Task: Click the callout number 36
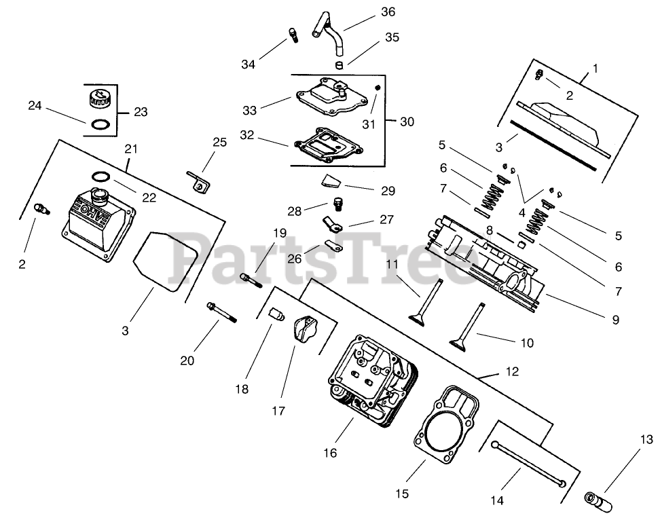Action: click(388, 12)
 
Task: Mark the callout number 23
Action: click(140, 112)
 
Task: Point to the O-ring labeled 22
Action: click(100, 177)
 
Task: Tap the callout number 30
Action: click(405, 122)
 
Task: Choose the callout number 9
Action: click(615, 318)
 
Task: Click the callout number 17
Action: click(278, 410)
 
